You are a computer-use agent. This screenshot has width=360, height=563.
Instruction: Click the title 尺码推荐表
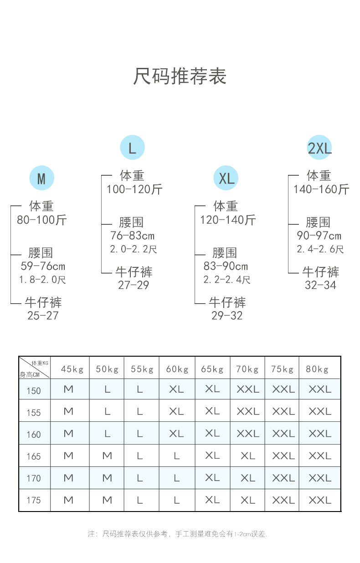[180, 76]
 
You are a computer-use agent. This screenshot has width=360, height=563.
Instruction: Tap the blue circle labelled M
[41, 178]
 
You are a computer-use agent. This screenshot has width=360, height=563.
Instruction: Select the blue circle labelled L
[132, 148]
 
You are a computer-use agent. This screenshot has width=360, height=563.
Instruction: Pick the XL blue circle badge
[226, 178]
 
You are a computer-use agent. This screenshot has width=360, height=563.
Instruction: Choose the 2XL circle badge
[319, 148]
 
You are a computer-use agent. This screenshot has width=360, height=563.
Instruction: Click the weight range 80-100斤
[42, 220]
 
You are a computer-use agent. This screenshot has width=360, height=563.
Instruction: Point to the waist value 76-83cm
[132, 236]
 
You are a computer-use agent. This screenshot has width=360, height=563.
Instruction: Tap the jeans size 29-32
[226, 316]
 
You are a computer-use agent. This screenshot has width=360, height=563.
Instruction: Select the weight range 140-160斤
[321, 189]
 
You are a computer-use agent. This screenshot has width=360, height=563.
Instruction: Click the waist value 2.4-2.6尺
[320, 249]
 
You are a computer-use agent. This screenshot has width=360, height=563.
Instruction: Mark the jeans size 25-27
[43, 316]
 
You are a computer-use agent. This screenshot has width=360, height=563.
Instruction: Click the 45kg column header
[72, 369]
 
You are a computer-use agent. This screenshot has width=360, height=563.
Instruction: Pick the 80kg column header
[317, 369]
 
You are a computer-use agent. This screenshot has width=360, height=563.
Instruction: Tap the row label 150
[34, 390]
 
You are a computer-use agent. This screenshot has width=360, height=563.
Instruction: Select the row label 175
[34, 500]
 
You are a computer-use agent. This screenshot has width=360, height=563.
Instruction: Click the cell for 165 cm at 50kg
[107, 456]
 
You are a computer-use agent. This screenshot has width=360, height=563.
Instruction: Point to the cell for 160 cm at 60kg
[176, 434]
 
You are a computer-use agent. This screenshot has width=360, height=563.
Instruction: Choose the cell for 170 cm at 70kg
[247, 478]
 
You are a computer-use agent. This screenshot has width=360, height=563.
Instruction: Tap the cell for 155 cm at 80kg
[319, 412]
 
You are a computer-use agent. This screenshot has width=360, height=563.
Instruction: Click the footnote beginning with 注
[177, 534]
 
